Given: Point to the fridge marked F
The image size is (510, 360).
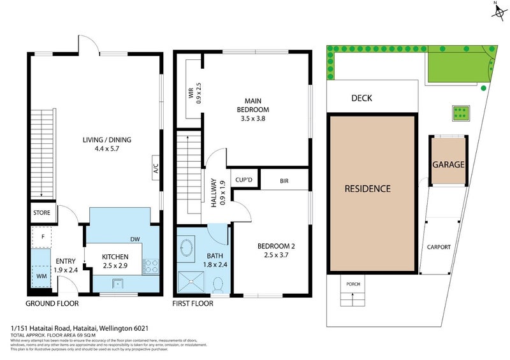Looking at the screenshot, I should [41, 236].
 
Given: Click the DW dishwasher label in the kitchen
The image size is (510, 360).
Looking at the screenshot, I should [135, 240].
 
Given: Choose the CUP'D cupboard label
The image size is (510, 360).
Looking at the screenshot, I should [244, 180].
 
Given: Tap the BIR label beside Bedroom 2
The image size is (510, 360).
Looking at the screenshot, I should [284, 180].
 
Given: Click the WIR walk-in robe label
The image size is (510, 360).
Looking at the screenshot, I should [191, 93].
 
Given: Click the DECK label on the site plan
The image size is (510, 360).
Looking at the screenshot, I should [361, 98].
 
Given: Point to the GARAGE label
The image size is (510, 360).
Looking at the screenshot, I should [448, 164].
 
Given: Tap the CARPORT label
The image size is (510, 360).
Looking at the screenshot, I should [439, 247].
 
